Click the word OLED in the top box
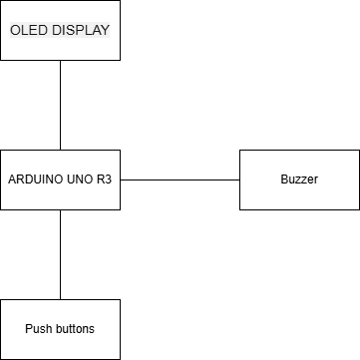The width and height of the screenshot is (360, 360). (28, 30)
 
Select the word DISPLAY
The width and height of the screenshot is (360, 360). (77, 30)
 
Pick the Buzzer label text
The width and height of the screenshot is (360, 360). (299, 180)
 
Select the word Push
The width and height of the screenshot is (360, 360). (39, 329)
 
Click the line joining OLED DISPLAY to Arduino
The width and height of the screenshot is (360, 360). (60, 105)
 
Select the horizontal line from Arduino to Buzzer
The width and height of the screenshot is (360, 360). (180, 180)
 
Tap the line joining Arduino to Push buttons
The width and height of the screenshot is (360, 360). (60, 254)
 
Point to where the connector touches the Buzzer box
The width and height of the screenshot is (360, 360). (239, 180)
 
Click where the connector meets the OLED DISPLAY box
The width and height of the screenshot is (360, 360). (60, 60)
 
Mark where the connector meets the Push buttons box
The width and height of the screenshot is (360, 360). (60, 299)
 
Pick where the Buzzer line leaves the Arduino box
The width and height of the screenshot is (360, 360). (120, 180)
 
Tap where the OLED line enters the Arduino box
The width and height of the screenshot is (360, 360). (60, 150)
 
